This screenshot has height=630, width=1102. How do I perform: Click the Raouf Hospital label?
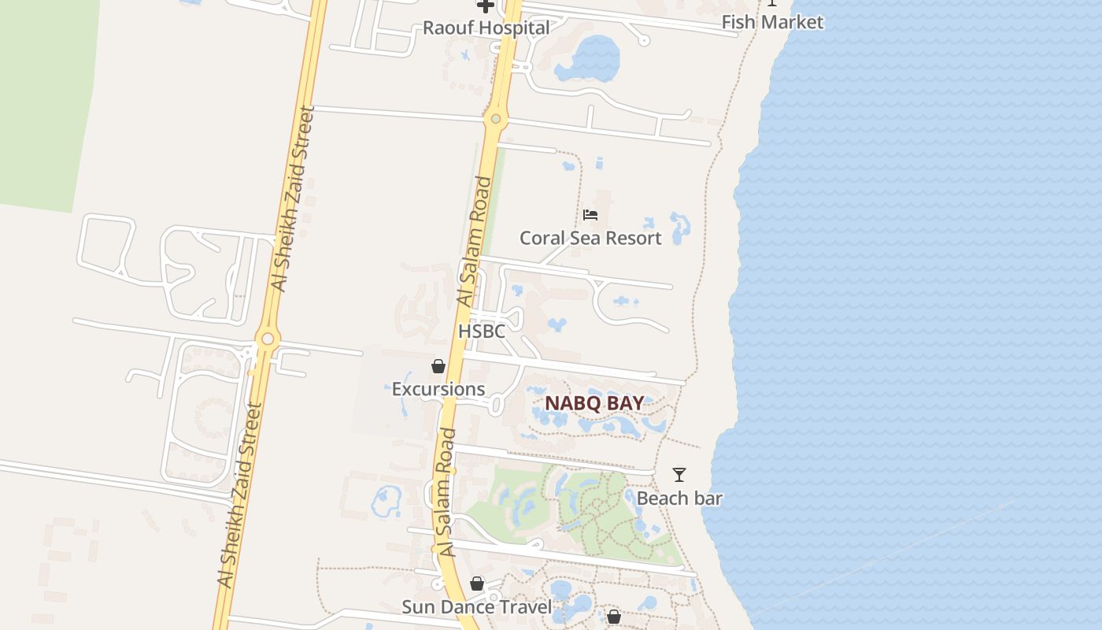486,28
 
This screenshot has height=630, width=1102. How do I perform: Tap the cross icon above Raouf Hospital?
486,6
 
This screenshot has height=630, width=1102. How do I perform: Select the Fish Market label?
772,22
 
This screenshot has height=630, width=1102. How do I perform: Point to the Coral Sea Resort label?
590,238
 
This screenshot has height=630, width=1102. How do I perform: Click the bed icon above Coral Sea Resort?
590,215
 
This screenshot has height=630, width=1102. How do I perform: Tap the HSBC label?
482,332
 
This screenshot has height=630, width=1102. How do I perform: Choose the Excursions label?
438,389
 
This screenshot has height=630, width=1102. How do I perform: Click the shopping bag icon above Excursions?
438,366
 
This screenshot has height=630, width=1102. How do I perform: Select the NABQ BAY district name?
594,403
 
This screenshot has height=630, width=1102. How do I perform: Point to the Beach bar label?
679,498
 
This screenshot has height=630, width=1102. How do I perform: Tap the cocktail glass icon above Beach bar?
679,475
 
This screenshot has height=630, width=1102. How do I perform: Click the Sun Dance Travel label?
477,607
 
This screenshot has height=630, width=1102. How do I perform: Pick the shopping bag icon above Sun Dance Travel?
477,584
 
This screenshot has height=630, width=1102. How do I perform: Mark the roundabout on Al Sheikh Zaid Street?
268,339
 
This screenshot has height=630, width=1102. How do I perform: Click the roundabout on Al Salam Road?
496,120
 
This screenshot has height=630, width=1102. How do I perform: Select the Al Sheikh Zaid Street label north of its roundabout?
292,198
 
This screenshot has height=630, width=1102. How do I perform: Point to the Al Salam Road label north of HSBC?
475,242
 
